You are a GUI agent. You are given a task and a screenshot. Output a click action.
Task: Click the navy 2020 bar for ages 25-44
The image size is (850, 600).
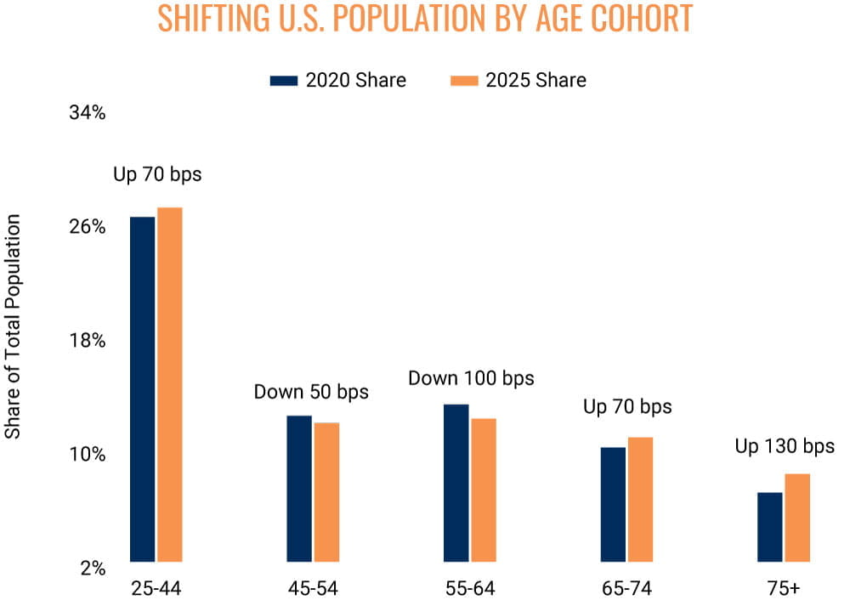point(143,389)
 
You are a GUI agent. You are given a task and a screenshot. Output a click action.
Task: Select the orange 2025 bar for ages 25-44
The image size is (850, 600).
point(170,384)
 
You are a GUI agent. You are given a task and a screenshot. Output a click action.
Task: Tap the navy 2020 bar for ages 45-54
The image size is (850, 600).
point(299,489)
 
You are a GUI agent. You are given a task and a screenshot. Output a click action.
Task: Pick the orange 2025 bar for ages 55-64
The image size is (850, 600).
point(484,490)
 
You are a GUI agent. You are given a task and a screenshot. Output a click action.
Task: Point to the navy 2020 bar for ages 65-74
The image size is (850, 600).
point(613,505)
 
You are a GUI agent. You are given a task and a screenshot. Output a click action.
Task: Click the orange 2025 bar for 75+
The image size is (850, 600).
point(797,518)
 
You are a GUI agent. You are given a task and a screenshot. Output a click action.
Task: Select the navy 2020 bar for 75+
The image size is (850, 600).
point(770,527)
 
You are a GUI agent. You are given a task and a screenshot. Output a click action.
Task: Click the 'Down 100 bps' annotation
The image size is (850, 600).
point(471,378)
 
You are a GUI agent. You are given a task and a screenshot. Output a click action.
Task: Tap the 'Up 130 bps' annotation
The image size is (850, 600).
point(785,446)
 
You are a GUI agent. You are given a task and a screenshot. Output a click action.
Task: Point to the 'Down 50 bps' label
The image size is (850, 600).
point(311,392)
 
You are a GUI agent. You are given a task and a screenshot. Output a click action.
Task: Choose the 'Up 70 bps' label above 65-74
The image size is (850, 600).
point(627,406)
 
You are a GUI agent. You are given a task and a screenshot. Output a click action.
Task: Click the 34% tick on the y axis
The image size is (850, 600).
point(88,112)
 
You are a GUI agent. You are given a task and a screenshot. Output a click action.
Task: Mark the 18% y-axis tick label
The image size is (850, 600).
point(88,341)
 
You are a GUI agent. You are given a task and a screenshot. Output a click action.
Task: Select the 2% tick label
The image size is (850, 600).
point(93,568)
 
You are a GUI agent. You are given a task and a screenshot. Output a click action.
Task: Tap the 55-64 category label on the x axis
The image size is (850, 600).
point(470,588)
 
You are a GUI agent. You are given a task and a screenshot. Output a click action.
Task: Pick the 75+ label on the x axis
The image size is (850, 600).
point(784,588)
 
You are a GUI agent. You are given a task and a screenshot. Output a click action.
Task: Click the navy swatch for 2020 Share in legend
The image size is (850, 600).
point(284,81)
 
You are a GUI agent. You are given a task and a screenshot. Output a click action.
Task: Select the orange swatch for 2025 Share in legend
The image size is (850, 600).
point(465,81)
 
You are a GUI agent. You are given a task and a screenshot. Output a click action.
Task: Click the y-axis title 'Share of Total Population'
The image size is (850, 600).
point(13,326)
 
